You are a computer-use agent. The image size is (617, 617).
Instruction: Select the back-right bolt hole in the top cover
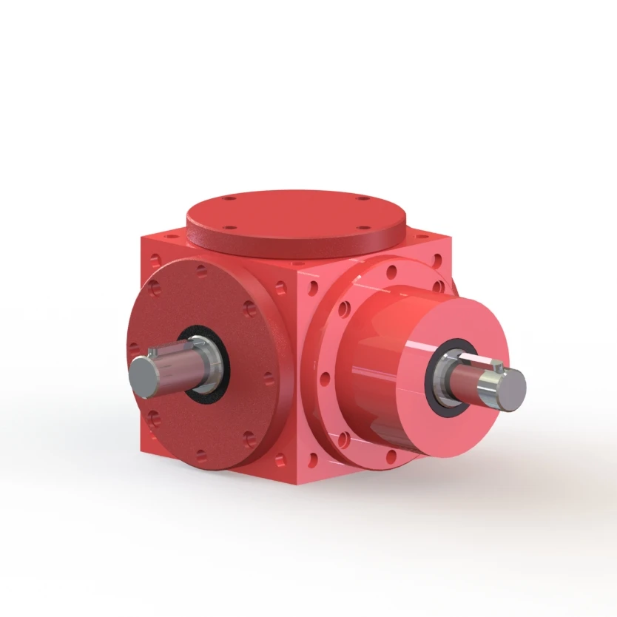click(x=362, y=199)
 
